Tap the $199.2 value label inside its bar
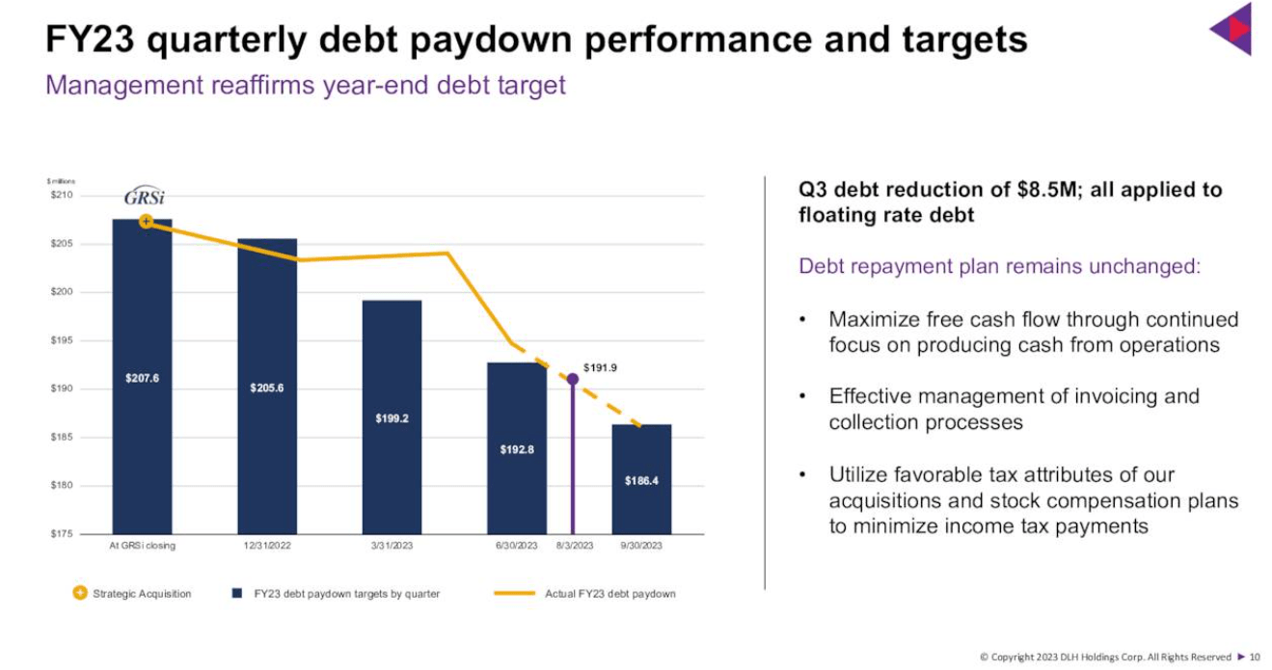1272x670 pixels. tap(392, 418)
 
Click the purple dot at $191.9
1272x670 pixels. tap(573, 379)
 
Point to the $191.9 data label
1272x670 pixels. tap(600, 367)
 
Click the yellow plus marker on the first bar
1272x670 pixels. tap(146, 221)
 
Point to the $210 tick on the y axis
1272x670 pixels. tap(61, 196)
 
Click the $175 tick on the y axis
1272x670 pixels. tap(61, 534)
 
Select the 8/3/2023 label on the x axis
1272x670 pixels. tap(575, 546)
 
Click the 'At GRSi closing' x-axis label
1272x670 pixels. tap(143, 546)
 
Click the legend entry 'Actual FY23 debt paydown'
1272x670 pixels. tap(609, 594)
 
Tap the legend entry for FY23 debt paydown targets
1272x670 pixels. tap(346, 594)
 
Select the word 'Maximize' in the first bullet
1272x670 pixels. tap(872, 319)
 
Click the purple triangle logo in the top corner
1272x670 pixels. tap(1232, 29)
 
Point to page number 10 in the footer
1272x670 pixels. tap(1255, 657)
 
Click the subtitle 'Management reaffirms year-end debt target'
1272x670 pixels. tap(306, 85)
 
